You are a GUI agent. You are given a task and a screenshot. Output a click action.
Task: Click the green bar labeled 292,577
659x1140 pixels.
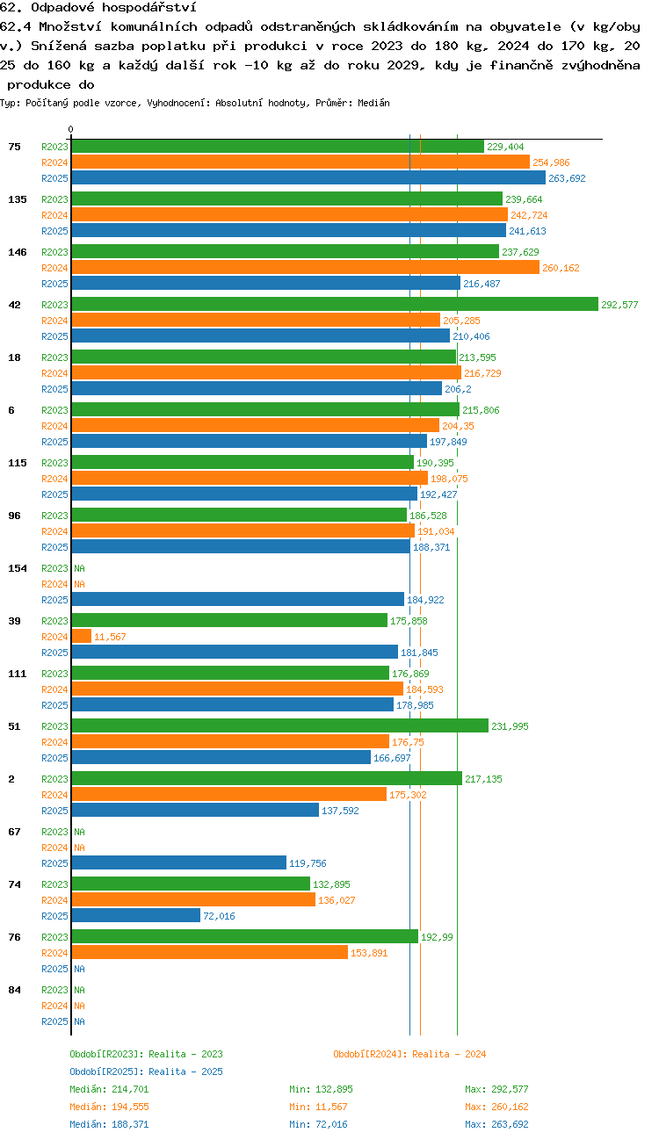(x=335, y=304)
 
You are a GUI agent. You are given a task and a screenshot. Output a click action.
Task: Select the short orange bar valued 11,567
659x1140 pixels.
(x=82, y=636)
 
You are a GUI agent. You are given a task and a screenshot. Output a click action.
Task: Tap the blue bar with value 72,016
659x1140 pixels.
(x=136, y=915)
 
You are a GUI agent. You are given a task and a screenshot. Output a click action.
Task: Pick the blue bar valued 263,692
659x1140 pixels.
(x=308, y=177)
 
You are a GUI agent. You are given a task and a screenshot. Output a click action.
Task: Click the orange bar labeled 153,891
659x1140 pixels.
(x=210, y=952)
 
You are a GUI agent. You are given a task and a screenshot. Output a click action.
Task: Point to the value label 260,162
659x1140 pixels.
(x=561, y=268)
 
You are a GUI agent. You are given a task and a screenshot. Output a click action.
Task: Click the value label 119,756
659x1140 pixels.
(x=308, y=863)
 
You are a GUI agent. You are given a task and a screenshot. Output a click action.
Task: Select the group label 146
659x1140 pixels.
(x=18, y=252)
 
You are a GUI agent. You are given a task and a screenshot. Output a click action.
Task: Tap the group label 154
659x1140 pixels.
(x=18, y=568)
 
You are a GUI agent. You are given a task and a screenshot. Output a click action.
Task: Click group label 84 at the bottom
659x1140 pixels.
(x=14, y=989)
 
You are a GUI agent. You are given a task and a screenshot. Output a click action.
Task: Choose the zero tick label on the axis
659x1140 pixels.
(x=71, y=129)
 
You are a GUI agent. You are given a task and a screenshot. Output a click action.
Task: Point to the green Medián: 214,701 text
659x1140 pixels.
(x=109, y=1089)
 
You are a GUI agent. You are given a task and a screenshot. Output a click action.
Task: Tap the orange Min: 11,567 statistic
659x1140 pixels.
(x=318, y=1107)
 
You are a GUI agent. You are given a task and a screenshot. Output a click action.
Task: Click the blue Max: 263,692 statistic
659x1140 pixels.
(x=496, y=1123)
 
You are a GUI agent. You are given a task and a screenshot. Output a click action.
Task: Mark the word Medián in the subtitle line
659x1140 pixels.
(x=373, y=103)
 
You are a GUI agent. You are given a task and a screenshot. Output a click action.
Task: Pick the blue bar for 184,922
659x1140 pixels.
(x=238, y=599)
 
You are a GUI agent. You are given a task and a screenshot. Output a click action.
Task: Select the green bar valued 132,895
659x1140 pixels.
(x=191, y=884)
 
